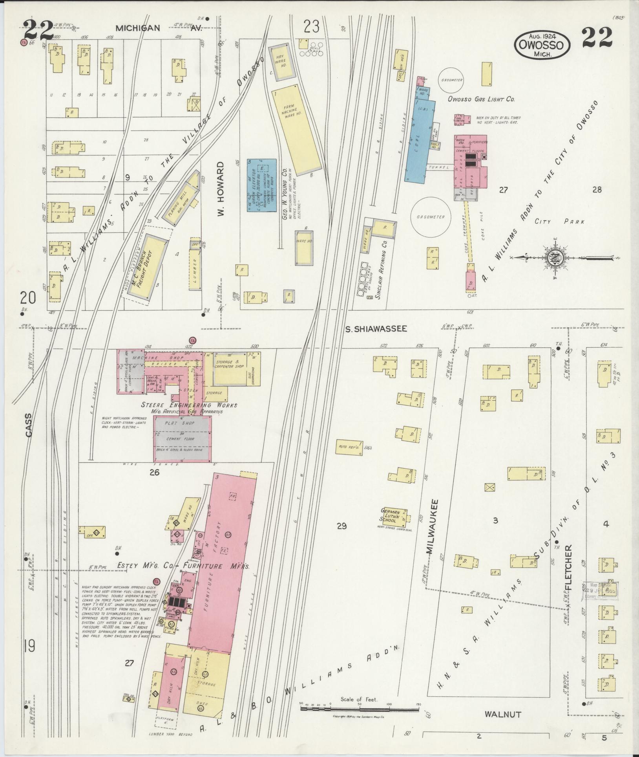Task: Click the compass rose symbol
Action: point(558,258)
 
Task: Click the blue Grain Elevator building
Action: point(261,185)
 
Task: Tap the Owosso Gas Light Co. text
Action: point(481,99)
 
